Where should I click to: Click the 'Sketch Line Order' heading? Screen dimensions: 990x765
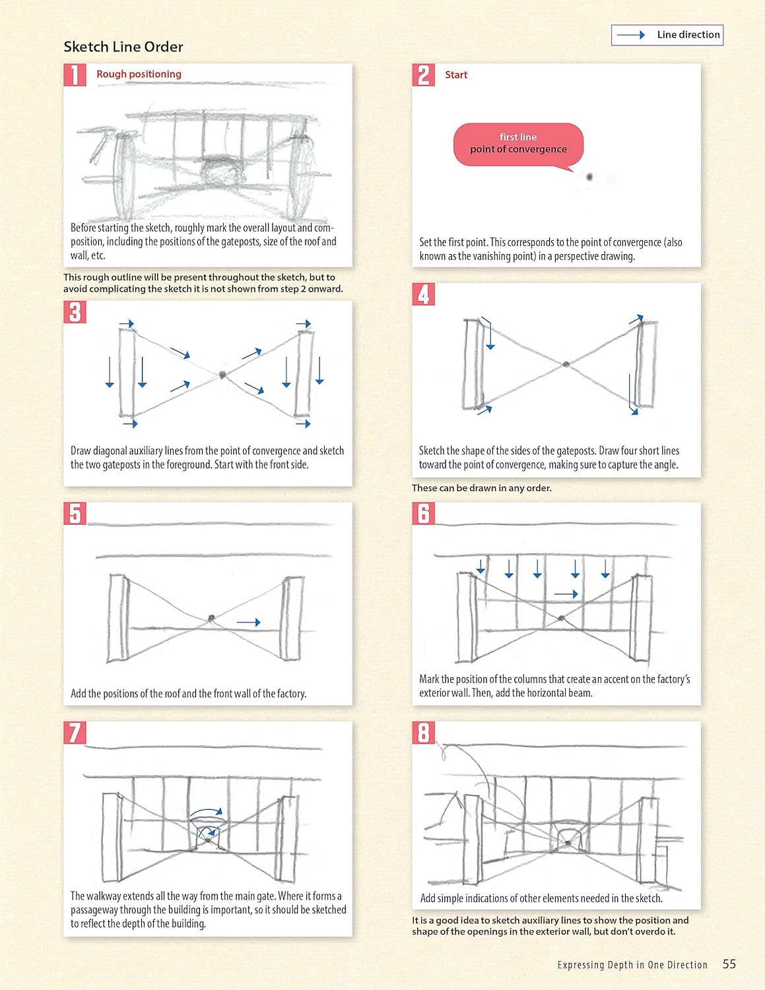(123, 47)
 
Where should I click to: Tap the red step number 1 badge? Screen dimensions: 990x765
(75, 75)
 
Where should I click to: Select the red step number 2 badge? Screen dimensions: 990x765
(424, 75)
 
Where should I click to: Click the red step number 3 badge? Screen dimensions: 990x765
(75, 312)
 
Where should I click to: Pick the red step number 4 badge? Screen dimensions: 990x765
(424, 294)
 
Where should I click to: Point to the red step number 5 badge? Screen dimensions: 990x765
(75, 513)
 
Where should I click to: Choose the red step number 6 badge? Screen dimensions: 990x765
(424, 513)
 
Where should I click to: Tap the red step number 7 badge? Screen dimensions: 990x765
(75, 733)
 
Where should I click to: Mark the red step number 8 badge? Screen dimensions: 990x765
(424, 733)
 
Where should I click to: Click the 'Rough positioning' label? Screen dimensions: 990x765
(139, 74)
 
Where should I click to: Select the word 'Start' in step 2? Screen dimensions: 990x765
(456, 75)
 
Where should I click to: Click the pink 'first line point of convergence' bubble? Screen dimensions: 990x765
(518, 143)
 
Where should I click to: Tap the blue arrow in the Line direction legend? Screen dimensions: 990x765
(631, 35)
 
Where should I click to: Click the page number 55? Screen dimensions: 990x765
(729, 964)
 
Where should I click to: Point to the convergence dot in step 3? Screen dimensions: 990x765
(222, 375)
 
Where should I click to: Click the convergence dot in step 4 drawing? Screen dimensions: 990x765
(566, 364)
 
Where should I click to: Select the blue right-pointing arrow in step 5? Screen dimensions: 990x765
(249, 622)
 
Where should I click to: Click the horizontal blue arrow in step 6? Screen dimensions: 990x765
(566, 594)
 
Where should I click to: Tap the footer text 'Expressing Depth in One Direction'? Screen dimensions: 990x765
(632, 965)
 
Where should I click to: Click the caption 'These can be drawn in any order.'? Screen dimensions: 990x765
(482, 488)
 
